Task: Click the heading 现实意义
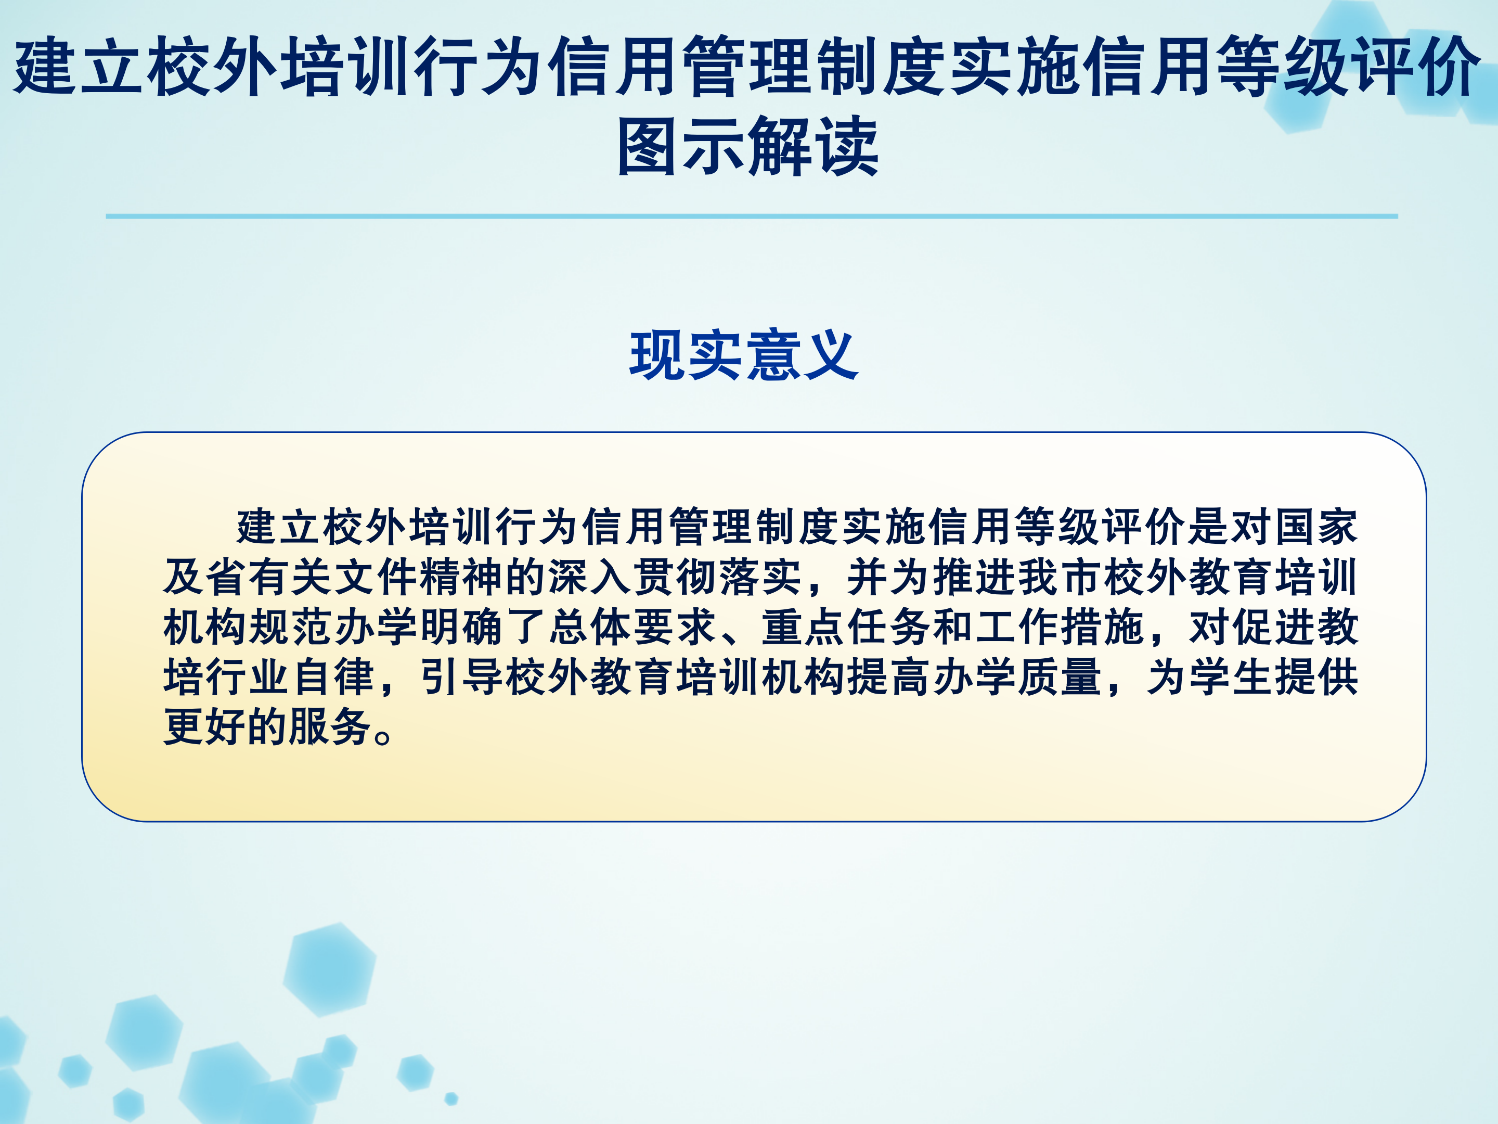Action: pyautogui.click(x=744, y=355)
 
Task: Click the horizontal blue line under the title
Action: pyautogui.click(x=752, y=216)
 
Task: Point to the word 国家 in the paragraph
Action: pyautogui.click(x=1316, y=527)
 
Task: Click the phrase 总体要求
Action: pyautogui.click(x=633, y=627)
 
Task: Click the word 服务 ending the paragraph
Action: pyautogui.click(x=330, y=727)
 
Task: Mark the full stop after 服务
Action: pyautogui.click(x=383, y=736)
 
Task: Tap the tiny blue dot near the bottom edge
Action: pyautogui.click(x=451, y=1099)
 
